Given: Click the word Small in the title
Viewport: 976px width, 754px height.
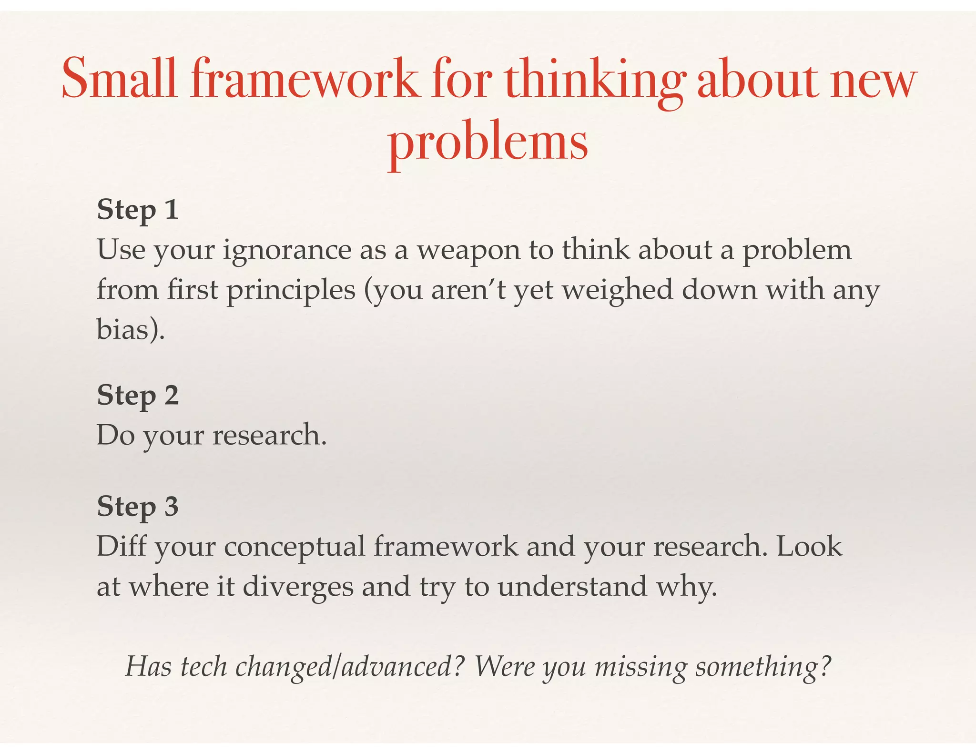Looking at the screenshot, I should point(119,79).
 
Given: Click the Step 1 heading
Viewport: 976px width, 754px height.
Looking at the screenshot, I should point(138,210).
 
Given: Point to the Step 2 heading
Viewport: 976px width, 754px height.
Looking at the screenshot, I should point(138,395).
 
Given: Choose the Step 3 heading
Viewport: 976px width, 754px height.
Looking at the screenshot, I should point(138,506).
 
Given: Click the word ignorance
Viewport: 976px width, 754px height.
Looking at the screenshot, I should point(287,251).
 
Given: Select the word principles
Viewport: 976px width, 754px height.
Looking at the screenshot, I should point(291,291).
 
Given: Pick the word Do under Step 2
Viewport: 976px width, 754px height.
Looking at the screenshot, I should point(116,435).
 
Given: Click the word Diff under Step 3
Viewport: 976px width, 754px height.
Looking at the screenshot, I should point(121,546).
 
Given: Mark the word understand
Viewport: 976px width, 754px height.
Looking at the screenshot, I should point(572,586).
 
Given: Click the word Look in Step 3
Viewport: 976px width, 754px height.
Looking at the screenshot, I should point(809,546).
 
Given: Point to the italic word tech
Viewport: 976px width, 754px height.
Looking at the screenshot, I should point(203,666).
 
